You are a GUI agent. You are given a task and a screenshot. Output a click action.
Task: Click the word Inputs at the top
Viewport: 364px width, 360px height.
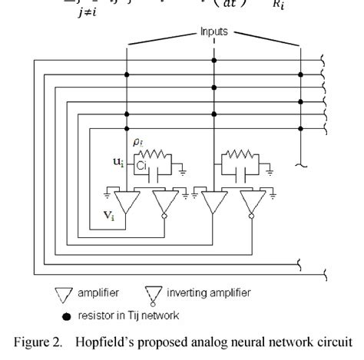click(x=215, y=32)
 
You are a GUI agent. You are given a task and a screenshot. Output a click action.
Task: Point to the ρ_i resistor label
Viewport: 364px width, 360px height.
click(x=138, y=141)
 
